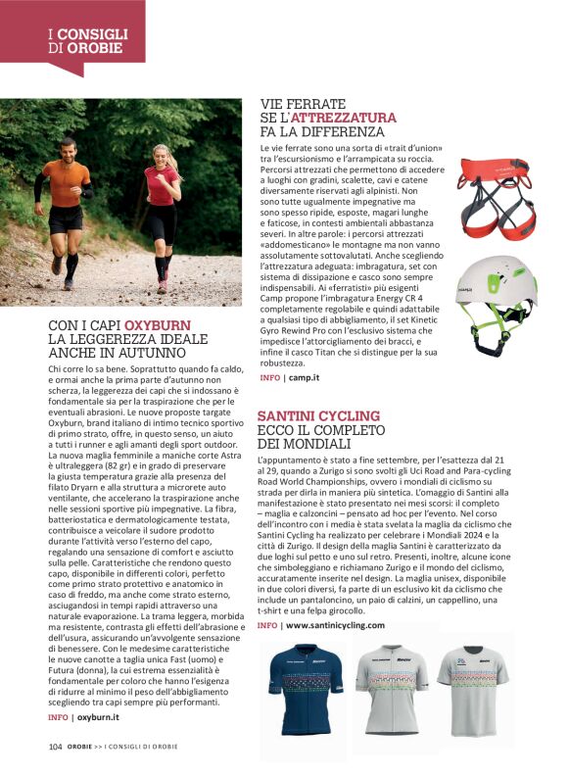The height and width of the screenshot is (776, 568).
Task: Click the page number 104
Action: click(56, 746)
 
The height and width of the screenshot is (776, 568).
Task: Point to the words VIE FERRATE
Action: click(303, 103)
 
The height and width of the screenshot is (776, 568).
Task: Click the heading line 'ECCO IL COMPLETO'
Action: click(324, 430)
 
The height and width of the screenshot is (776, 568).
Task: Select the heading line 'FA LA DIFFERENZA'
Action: click(322, 131)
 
